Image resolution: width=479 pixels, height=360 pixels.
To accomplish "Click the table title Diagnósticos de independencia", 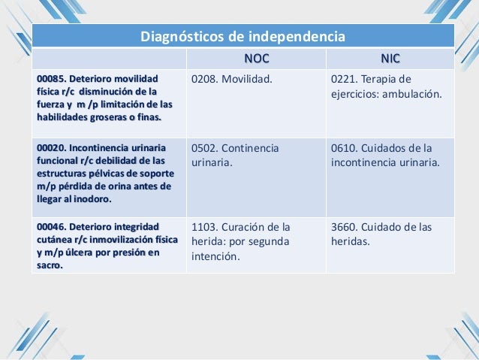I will (244, 36).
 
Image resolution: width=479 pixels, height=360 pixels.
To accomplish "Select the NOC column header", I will (256, 59).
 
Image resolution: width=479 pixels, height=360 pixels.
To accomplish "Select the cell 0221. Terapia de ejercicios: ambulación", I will (387, 87).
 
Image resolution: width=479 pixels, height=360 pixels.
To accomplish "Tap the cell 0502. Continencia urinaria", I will (235, 154).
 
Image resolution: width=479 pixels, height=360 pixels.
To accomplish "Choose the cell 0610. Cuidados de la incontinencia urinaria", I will (385, 154).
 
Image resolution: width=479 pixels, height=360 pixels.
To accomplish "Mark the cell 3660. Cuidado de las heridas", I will (381, 234).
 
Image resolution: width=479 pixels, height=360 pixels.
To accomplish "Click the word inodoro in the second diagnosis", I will (92, 200).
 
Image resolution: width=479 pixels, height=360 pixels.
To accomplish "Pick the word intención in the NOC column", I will (215, 257).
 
